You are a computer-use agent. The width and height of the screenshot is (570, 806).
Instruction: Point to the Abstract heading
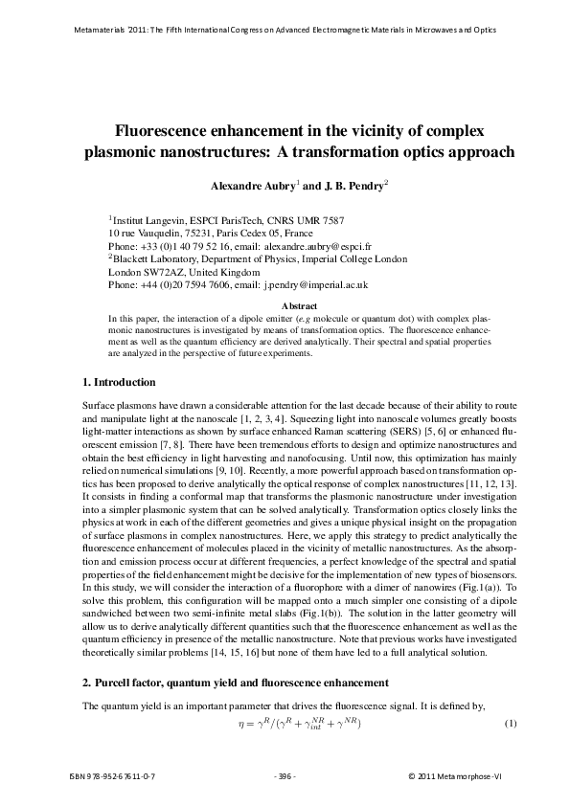285,305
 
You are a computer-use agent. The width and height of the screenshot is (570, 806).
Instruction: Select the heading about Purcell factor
236,683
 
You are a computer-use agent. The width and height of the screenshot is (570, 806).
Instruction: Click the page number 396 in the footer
285,774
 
